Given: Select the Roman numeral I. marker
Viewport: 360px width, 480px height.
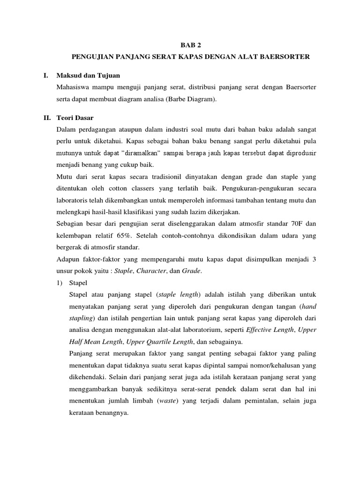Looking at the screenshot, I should (42, 75).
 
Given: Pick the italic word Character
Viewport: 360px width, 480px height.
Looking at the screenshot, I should (158, 271).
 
